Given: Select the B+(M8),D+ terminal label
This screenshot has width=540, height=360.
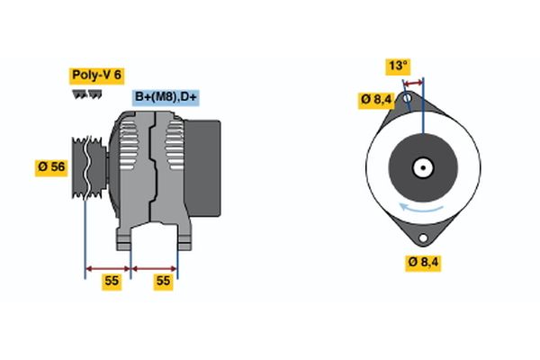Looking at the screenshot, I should coord(167,97).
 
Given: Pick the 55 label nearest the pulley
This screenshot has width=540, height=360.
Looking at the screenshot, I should coord(111,281).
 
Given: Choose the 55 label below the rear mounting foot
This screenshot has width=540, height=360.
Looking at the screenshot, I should coord(163,281).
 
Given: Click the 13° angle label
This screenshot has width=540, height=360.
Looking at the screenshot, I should coord(398,66).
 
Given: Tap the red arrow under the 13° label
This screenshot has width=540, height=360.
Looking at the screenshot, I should coord(411,83).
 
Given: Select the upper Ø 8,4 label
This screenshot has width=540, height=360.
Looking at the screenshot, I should coord(375,99).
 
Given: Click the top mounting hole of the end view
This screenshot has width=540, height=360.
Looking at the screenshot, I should coord(409,97).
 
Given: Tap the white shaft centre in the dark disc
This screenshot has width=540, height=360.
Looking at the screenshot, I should coord(421,167).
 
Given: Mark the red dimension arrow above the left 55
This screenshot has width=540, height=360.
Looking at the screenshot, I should coord(107,267).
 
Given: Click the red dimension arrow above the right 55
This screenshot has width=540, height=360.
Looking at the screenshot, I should coord(154,267).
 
